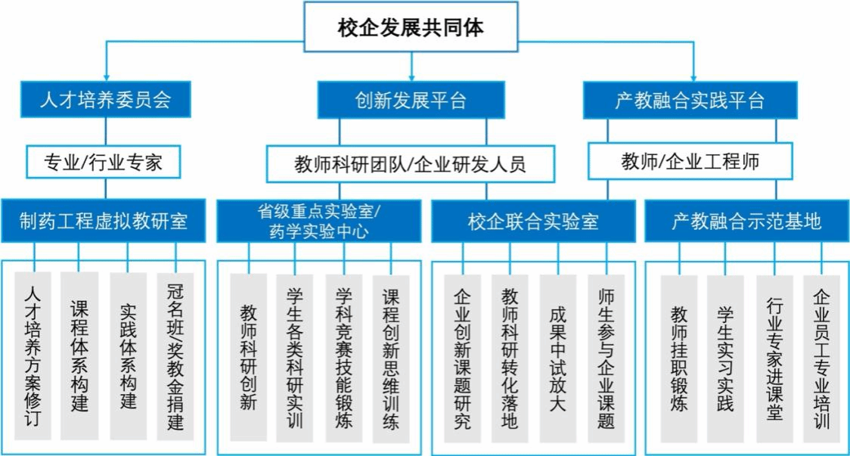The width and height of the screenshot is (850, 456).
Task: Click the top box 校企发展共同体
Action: (x=411, y=26)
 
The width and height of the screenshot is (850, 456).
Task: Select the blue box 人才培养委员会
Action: (x=106, y=99)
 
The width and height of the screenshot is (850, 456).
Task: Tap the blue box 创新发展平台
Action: (x=411, y=100)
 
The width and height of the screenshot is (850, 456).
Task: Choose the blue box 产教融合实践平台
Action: (x=690, y=100)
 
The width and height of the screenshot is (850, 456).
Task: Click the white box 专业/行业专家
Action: (x=103, y=162)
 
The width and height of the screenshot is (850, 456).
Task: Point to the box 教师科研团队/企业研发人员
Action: (x=411, y=164)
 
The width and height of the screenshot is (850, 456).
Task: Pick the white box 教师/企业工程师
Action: (x=690, y=161)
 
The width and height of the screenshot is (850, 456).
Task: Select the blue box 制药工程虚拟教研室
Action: (x=103, y=221)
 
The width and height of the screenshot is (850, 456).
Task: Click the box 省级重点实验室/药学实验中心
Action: (x=319, y=221)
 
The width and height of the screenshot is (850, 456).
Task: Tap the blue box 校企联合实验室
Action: (x=533, y=222)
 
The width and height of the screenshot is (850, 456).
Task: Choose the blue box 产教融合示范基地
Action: (x=747, y=222)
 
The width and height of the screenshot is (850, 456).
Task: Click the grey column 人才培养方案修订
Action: (x=33, y=355)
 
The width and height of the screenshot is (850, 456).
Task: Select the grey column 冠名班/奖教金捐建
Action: (x=175, y=356)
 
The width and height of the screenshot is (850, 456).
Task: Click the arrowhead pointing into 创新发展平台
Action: (x=411, y=78)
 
